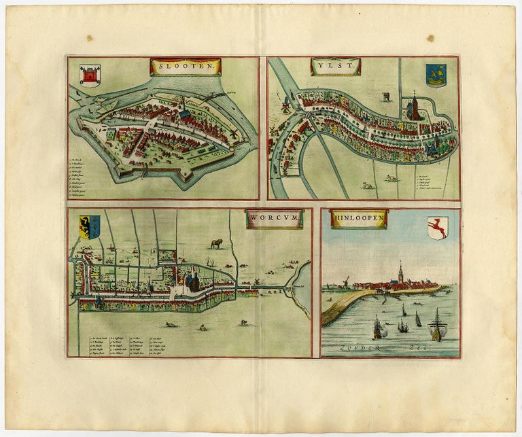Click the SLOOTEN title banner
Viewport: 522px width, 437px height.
coord(185,67)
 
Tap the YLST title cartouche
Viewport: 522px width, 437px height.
coord(335,66)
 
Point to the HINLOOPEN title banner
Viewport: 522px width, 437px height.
coord(358,218)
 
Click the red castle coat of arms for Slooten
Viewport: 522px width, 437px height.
coord(90,75)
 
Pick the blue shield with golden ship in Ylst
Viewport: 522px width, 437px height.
coord(436,75)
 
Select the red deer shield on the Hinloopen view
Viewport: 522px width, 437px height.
coord(437,228)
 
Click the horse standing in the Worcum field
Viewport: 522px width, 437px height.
coord(217,243)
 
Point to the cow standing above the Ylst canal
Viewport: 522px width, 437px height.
coord(385,97)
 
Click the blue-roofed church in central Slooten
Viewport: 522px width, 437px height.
coord(184,115)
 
